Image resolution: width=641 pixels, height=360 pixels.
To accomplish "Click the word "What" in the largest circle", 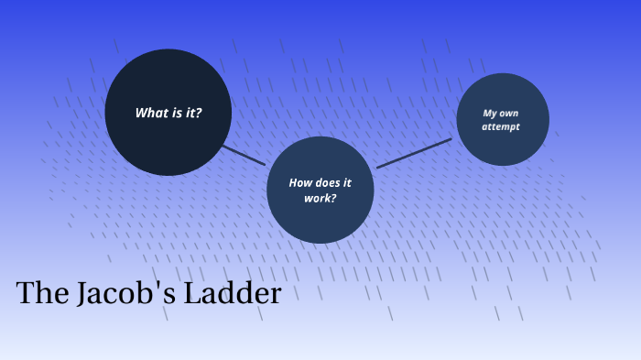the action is [x=150, y=114].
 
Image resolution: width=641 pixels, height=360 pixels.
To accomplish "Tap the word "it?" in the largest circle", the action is [x=191, y=114].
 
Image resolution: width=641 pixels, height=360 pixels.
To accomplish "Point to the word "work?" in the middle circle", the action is [x=320, y=198].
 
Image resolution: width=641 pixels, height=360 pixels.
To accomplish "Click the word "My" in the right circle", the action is [x=489, y=114].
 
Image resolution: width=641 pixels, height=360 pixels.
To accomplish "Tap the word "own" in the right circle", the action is [x=509, y=114].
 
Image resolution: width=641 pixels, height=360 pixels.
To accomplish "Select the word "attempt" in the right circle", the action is [x=501, y=127].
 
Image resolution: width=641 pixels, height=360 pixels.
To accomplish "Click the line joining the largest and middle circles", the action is [x=244, y=155].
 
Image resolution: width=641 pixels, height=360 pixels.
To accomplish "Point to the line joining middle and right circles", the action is [x=414, y=153].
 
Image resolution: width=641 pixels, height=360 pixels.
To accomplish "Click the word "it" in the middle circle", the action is [x=347, y=183].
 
